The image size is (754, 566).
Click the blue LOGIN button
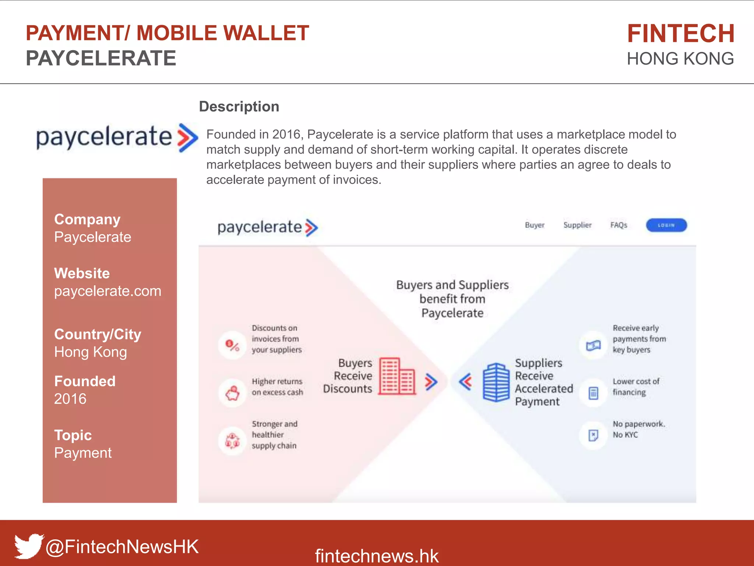666,225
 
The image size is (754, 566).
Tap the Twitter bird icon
28,545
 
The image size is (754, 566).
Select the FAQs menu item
619,225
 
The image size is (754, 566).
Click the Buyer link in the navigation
535,225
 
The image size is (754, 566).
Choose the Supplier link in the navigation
577,225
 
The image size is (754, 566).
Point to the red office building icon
397,376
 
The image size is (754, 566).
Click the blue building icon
496,382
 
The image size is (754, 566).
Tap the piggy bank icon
232,393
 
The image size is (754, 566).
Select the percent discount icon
232,345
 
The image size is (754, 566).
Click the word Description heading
239,106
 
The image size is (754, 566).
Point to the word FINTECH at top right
681,34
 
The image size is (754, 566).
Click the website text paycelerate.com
108,291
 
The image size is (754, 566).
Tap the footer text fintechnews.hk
377,556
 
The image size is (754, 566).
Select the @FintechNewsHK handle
122,546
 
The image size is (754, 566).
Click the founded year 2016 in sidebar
70,399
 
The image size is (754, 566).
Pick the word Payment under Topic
83,453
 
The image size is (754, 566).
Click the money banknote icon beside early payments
593,345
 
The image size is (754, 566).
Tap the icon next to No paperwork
593,436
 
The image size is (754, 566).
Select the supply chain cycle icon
232,440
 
